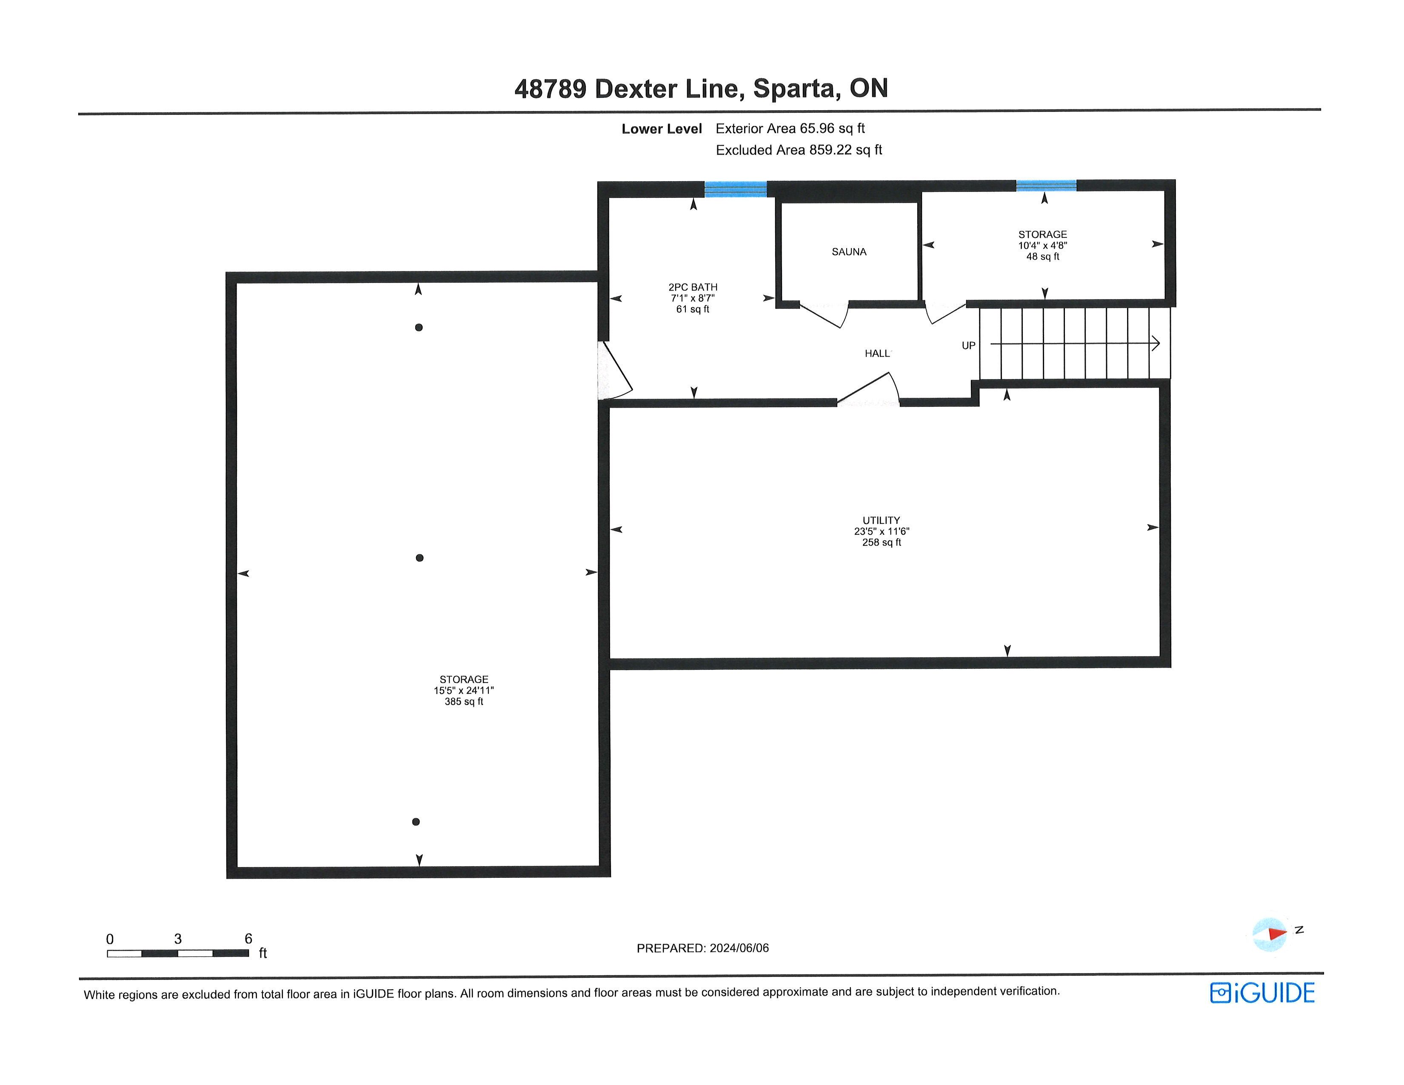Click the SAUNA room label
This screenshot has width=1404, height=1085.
click(x=849, y=252)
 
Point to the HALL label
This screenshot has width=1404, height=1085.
click(x=877, y=354)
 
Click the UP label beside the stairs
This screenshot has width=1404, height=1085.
click(x=968, y=346)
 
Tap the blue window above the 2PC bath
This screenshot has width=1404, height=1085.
click(x=736, y=189)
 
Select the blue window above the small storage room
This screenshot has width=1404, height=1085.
click(x=1046, y=186)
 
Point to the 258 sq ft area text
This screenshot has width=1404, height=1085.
click(x=882, y=542)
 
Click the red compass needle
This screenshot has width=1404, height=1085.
click(x=1276, y=933)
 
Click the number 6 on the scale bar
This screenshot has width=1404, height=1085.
click(x=248, y=939)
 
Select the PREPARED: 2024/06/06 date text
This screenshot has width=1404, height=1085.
click(x=703, y=948)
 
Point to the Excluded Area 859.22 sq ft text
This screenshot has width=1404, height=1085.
click(x=799, y=150)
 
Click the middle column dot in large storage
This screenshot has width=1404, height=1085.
click(x=420, y=558)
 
